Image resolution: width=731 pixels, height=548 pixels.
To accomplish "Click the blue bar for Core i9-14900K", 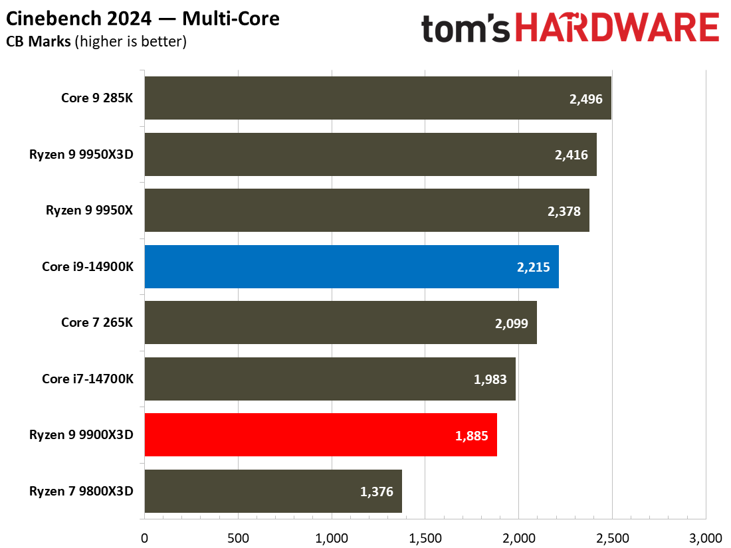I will click(351, 266).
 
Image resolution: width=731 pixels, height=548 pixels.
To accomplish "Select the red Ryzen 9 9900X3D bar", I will click(320, 435).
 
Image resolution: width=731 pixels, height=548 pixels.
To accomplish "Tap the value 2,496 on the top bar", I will click(585, 99).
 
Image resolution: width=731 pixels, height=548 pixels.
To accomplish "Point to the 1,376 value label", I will click(377, 492).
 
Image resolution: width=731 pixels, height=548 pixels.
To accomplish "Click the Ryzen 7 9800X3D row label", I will click(81, 492).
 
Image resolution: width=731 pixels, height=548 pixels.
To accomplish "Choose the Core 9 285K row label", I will click(97, 98).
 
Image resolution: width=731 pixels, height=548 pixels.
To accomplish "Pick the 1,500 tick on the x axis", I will click(425, 537).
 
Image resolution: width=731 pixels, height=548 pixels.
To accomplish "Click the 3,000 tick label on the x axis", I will click(705, 537).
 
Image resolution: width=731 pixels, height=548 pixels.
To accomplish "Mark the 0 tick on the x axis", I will click(144, 537).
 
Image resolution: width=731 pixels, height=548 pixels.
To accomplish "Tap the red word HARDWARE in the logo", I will click(617, 29).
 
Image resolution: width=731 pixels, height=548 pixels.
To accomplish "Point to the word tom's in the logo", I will click(466, 29).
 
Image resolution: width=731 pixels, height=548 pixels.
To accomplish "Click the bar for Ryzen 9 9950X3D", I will click(370, 154).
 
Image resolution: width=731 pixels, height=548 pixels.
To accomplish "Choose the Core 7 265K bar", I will click(340, 323).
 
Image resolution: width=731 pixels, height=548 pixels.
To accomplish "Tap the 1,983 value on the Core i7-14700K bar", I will click(490, 380).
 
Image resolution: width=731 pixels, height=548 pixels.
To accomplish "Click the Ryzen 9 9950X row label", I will click(89, 211).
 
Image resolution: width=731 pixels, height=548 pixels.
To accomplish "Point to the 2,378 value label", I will click(564, 211).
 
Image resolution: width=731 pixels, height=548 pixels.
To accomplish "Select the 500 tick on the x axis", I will click(238, 537).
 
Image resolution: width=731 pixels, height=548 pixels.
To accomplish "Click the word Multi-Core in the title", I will click(234, 19).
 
